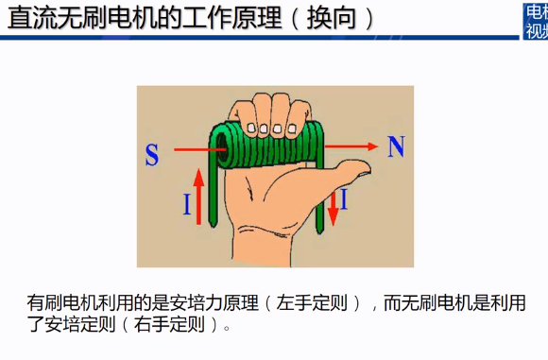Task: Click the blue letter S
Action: (152, 155)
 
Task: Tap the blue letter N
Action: (396, 146)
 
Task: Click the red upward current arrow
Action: (198, 197)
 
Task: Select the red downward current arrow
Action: (334, 208)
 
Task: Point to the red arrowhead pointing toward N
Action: (372, 146)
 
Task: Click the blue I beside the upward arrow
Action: (187, 204)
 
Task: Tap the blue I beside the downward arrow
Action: (344, 198)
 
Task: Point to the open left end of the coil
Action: (222, 150)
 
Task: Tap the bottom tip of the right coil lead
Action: (319, 231)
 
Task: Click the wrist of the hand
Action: (262, 249)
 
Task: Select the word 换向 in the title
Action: (332, 18)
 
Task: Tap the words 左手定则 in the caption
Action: (312, 302)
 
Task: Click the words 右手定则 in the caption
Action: (169, 324)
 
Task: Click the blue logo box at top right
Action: (536, 21)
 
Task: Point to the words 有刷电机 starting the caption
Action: (62, 302)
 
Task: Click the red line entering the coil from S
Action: (200, 150)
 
